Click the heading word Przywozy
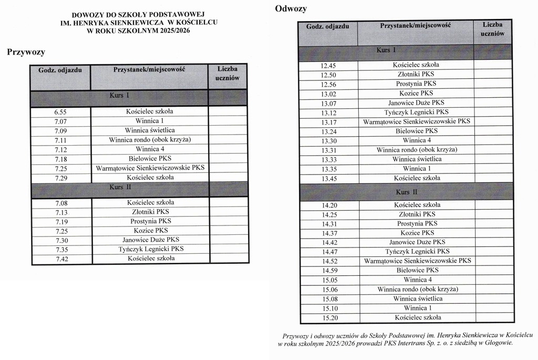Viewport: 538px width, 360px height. click(26, 52)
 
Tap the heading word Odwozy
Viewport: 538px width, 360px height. click(291, 8)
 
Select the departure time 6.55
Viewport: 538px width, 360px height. click(60, 112)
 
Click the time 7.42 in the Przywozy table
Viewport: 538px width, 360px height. click(60, 259)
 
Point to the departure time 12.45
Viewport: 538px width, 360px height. click(328, 66)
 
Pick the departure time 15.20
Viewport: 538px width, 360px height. click(329, 318)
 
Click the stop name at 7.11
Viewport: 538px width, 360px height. click(150, 140)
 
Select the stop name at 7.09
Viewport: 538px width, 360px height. click(150, 130)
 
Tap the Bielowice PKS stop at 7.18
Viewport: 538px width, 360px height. click(150, 159)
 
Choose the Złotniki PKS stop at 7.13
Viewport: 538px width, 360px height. click(150, 212)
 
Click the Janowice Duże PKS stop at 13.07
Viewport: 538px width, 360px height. click(416, 103)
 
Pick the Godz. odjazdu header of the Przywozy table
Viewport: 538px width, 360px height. click(60, 70)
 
